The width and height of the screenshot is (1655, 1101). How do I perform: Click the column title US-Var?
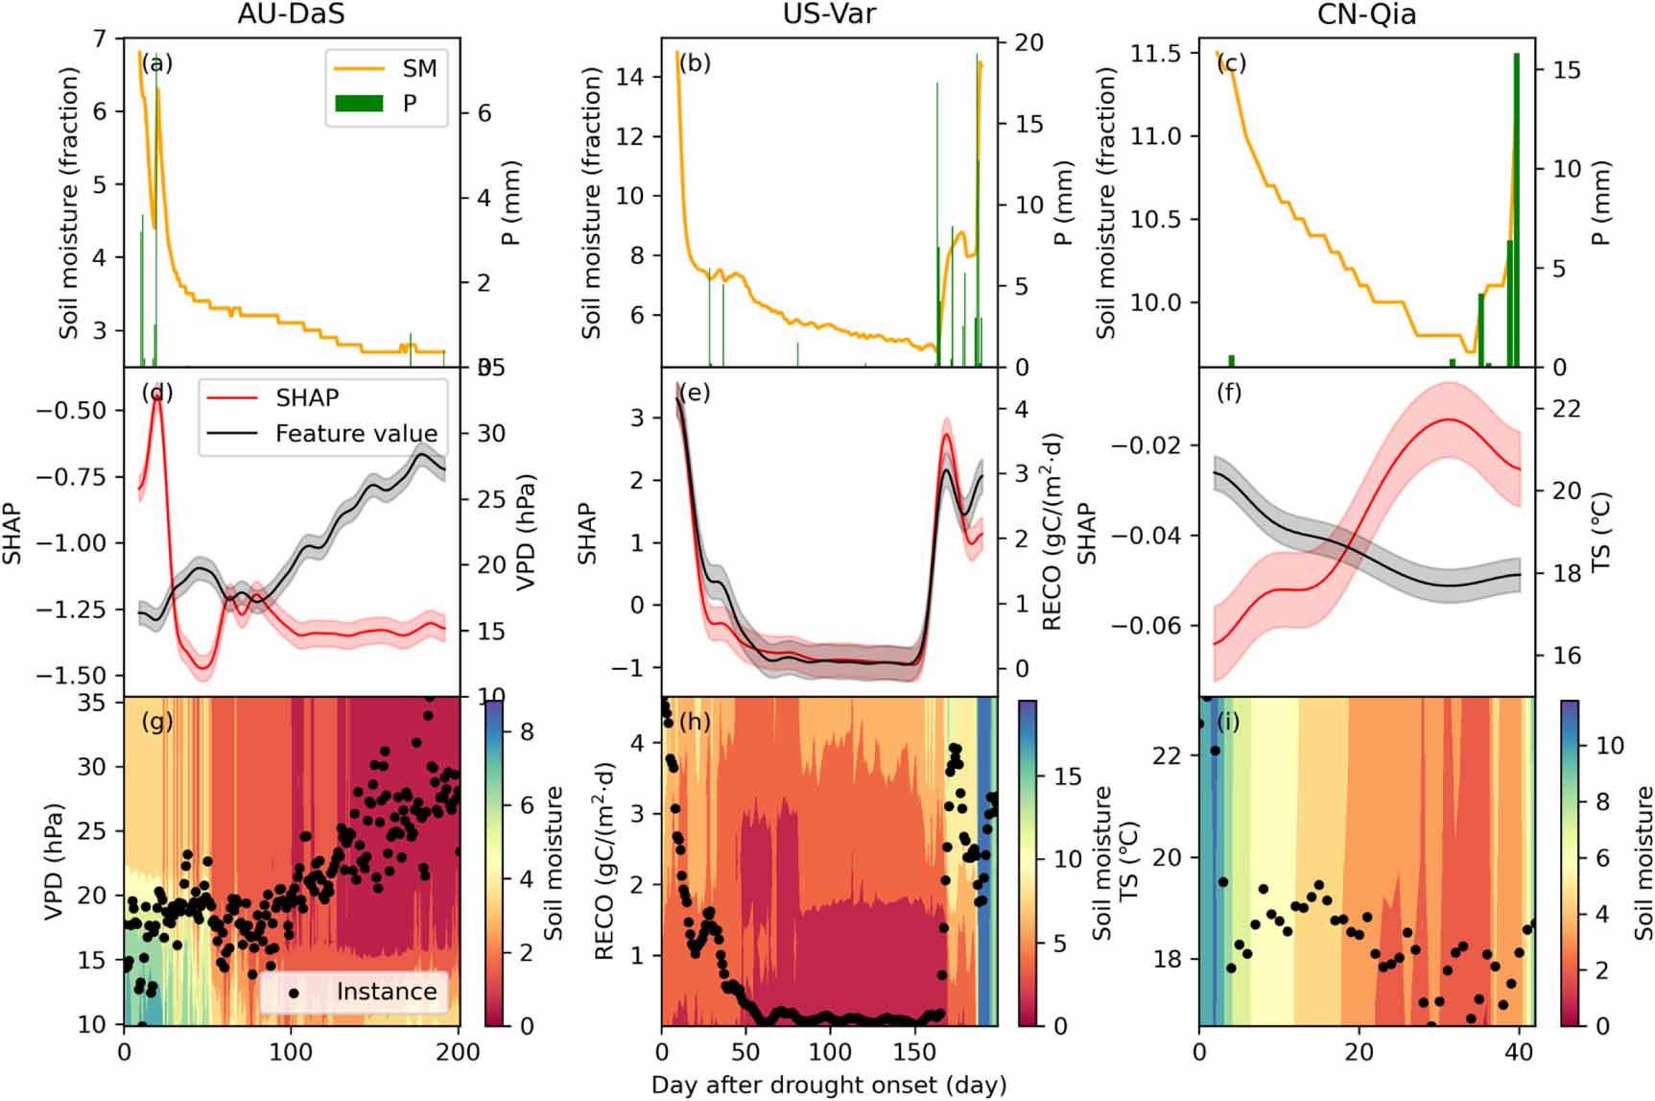click(x=829, y=13)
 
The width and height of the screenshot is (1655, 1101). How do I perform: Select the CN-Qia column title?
click(x=1367, y=13)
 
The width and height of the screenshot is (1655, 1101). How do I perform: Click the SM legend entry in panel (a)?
click(x=419, y=69)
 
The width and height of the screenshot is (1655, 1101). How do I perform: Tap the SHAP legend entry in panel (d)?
click(x=307, y=397)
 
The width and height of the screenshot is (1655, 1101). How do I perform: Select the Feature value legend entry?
click(x=356, y=434)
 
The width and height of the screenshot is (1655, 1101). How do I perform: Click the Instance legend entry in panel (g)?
click(x=386, y=992)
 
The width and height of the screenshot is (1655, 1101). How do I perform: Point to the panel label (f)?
click(x=1228, y=393)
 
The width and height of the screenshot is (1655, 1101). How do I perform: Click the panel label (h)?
click(x=695, y=721)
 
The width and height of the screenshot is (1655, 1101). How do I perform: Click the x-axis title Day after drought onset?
click(x=829, y=1086)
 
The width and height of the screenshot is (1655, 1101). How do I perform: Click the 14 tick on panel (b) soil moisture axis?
click(x=629, y=77)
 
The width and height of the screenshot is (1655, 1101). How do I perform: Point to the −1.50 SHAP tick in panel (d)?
click(x=72, y=676)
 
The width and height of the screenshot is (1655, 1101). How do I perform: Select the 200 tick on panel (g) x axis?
click(x=459, y=1052)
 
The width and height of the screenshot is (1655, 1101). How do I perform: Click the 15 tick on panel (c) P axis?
click(x=1567, y=70)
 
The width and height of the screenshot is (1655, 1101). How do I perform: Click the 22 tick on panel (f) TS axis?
click(x=1567, y=409)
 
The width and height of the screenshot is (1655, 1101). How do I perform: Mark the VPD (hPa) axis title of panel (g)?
click(x=54, y=862)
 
